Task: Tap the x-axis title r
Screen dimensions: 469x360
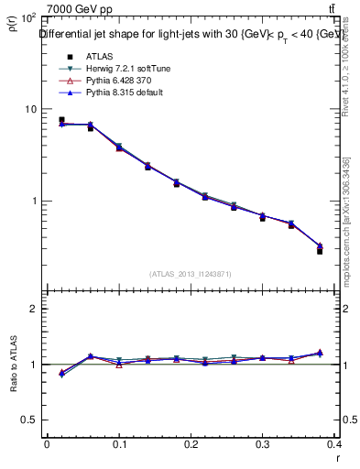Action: pos(338,459)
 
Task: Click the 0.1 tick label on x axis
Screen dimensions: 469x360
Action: pos(119,444)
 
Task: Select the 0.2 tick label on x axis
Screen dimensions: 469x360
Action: pos(191,444)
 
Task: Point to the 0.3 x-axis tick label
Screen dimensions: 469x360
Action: pos(264,444)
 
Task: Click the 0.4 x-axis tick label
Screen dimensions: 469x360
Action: pos(335,444)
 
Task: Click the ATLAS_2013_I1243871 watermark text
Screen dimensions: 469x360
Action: pos(191,274)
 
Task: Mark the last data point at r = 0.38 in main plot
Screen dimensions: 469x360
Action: pos(320,250)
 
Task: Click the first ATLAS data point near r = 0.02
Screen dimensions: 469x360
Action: pos(61,120)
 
